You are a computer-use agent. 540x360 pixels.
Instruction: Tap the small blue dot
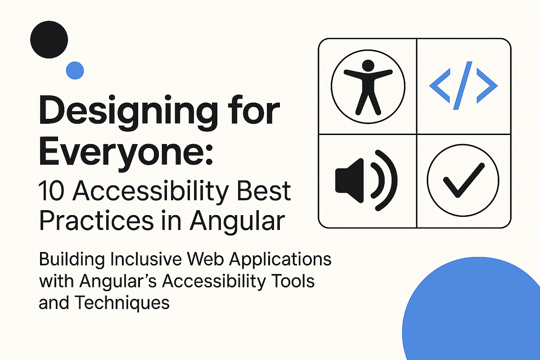pyautogui.click(x=75, y=70)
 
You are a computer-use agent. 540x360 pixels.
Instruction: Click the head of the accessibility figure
pyautogui.click(x=368, y=66)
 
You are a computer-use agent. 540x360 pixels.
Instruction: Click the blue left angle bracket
pyautogui.click(x=440, y=85)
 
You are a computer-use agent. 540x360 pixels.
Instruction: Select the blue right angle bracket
pyautogui.click(x=488, y=85)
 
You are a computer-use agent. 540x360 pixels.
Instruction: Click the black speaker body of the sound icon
pyautogui.click(x=349, y=180)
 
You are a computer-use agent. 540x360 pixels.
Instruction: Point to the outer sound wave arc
pyautogui.click(x=391, y=180)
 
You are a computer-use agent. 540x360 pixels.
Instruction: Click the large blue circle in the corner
pyautogui.click(x=477, y=319)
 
